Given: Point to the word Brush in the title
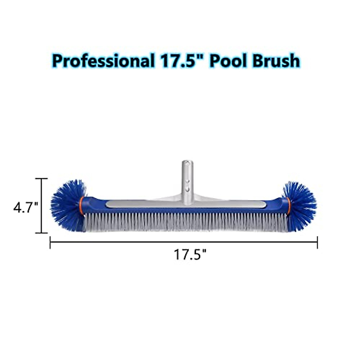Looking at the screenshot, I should tap(275, 61).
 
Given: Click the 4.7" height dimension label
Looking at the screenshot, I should tap(25, 207).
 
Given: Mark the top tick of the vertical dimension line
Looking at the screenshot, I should tap(42, 178).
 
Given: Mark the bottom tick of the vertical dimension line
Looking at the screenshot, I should tap(42, 232).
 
